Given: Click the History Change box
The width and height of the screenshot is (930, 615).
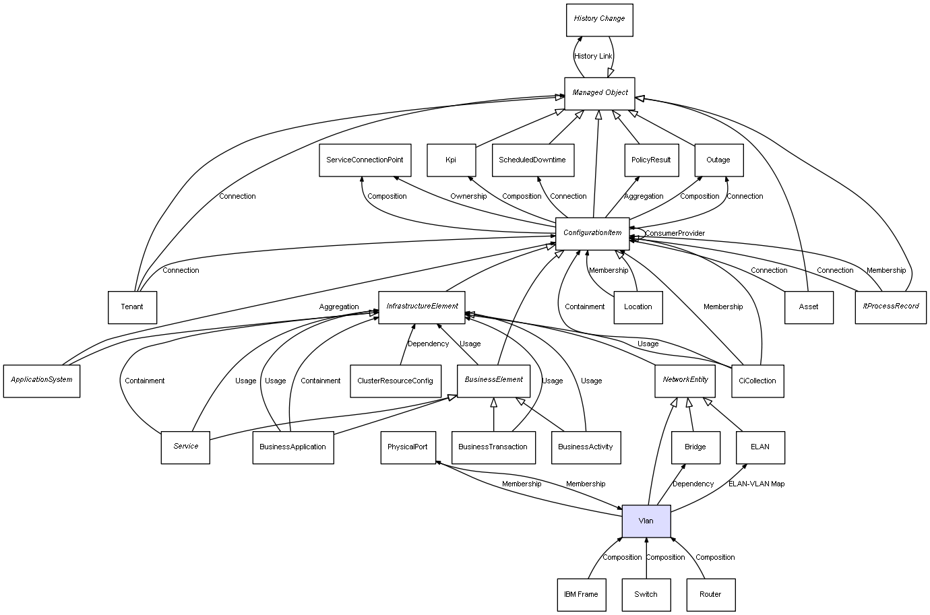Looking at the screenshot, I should [x=599, y=20].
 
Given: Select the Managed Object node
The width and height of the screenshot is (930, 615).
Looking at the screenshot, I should [x=599, y=93].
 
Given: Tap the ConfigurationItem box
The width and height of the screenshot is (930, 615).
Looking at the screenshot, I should [x=592, y=233].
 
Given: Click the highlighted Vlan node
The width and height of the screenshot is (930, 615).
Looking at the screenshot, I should [x=646, y=521].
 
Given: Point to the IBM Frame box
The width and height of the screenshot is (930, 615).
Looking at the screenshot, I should [x=581, y=594].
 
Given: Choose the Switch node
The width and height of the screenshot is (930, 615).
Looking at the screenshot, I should [x=646, y=594].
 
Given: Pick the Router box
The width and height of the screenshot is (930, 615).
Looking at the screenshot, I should [x=710, y=594].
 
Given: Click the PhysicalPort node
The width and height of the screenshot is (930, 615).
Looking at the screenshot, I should [x=408, y=447].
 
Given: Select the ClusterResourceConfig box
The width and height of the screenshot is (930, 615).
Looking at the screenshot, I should [x=396, y=381].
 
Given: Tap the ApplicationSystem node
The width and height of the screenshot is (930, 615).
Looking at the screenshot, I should [x=42, y=380].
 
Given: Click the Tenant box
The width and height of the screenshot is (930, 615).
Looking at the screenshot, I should [x=132, y=307].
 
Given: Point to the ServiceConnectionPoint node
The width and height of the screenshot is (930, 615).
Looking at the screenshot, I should [x=365, y=160].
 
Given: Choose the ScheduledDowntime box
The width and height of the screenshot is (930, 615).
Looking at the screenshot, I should [x=532, y=160].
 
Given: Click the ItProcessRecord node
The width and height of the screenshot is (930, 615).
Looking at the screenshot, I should [x=890, y=306].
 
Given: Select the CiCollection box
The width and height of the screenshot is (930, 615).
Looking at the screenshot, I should [x=757, y=381].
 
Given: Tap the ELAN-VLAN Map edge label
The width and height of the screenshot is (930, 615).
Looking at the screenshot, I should [x=756, y=484].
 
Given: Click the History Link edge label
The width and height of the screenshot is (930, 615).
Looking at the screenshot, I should [x=593, y=57].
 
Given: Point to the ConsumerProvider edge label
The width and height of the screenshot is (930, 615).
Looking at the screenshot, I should [x=675, y=233].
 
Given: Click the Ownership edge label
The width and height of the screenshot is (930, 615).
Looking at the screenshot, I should [x=468, y=196].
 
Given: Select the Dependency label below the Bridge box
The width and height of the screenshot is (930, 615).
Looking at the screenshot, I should [x=693, y=484].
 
